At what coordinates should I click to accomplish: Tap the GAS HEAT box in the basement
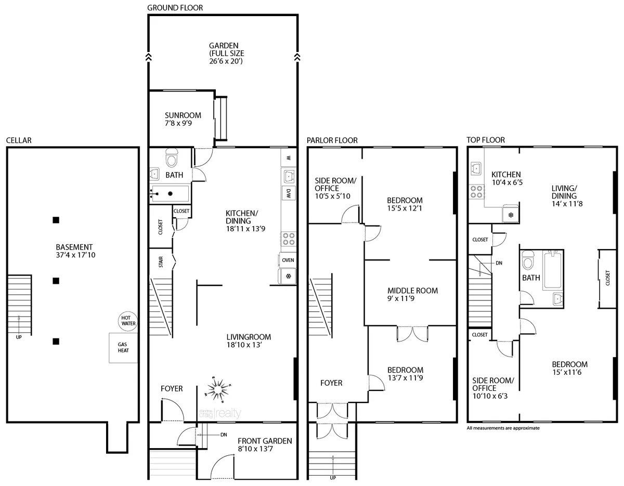pos(123,348)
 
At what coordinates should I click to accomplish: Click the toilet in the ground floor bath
pos(171,156)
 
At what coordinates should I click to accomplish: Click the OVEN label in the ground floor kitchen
pos(288,260)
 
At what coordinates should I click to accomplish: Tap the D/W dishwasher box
pos(288,194)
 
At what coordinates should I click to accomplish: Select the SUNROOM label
pos(179,115)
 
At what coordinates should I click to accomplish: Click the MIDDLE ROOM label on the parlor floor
pos(412,291)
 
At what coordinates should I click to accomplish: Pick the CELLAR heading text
pos(19,140)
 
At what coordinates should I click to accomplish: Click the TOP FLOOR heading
pos(486,140)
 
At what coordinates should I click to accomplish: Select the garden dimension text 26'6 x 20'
pos(226,61)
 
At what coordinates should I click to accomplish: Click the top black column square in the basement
pos(56,220)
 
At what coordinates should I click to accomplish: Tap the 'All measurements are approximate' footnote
pos(503,428)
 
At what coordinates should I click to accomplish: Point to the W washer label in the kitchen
pos(288,157)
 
